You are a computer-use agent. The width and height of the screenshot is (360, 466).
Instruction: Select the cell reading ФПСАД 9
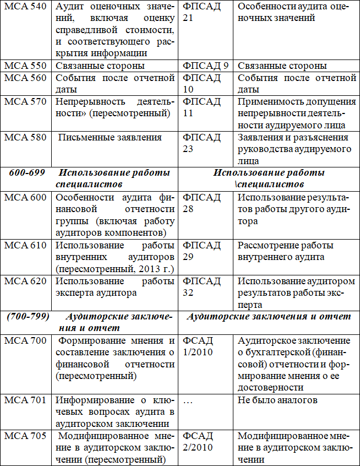coord(205,66)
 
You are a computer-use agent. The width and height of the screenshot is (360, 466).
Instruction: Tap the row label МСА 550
coord(25,66)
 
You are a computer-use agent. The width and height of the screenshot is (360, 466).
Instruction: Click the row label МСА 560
coord(25,78)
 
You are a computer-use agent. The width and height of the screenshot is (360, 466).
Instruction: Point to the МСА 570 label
coord(25,102)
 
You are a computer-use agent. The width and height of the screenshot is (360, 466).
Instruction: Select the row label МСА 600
coord(25,197)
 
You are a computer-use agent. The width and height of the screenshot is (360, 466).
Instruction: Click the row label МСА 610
coord(25,245)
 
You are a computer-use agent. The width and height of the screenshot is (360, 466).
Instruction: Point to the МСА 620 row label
coord(25,281)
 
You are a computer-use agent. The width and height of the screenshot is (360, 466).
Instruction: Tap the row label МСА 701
coord(25,400)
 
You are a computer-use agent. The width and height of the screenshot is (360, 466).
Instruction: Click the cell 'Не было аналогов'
coord(277,400)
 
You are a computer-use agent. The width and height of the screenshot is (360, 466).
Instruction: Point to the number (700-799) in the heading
coord(28,317)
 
